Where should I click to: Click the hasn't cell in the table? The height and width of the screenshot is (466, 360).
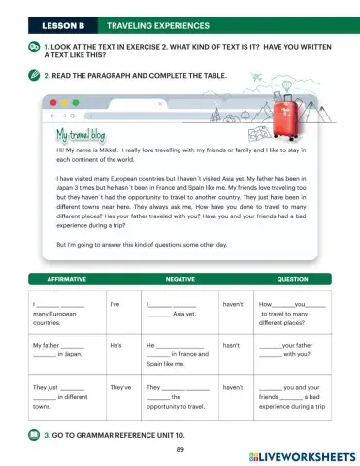(x=231, y=345)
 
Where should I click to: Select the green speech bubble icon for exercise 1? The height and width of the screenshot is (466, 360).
(x=34, y=46)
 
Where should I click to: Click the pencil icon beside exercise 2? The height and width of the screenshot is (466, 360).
(x=34, y=74)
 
